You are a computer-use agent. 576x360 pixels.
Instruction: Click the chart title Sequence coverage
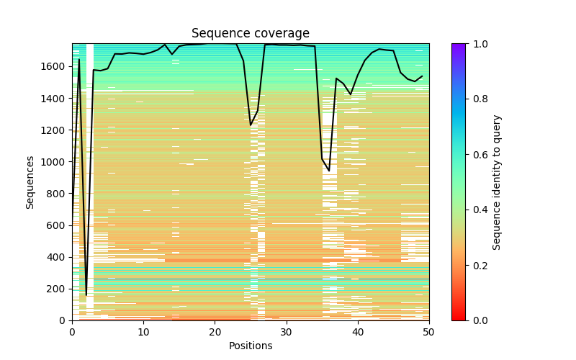[250, 34]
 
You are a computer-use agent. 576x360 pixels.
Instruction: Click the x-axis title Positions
[250, 346]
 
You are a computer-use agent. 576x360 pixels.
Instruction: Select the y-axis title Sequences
[30, 182]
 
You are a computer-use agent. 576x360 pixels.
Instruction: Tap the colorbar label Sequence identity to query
[497, 182]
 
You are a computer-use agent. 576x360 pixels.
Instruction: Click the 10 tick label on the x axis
[143, 331]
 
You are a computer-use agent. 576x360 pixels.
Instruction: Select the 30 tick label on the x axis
[286, 331]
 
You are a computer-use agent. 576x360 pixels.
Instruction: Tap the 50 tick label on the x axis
[428, 331]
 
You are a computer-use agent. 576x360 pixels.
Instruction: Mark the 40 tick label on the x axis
[357, 331]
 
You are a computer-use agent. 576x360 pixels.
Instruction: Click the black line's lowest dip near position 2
[86, 295]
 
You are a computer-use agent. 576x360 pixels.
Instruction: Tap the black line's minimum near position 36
[329, 171]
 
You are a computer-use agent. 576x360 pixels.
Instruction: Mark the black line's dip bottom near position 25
[251, 125]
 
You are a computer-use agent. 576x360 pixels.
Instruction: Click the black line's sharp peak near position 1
[79, 60]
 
